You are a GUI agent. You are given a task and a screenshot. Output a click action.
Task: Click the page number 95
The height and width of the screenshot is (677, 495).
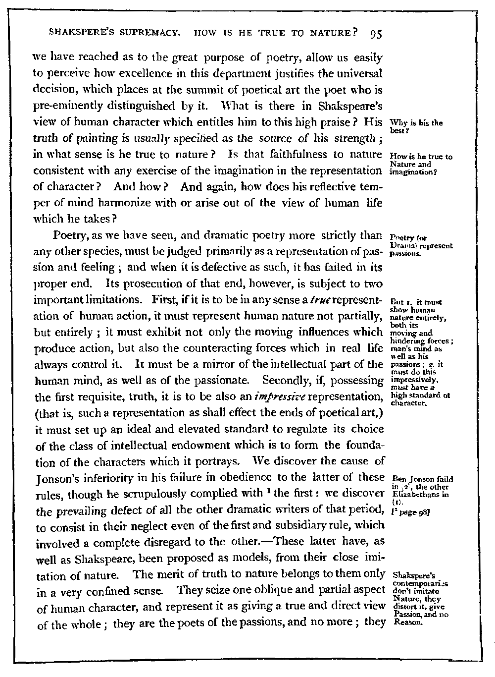coord(375,35)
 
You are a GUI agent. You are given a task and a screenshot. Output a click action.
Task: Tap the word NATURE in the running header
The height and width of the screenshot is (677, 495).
coord(329,34)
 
